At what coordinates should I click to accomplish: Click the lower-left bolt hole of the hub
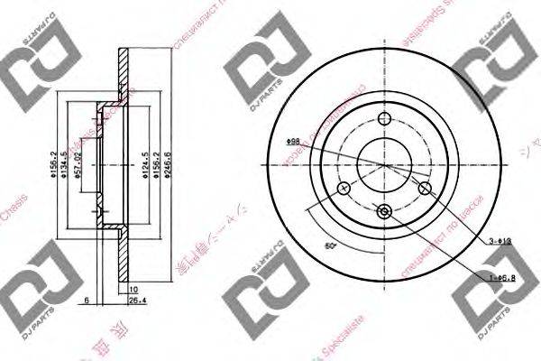click(343, 189)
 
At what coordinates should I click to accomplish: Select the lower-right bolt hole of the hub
click(425, 188)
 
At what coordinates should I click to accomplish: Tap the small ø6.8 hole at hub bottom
click(384, 212)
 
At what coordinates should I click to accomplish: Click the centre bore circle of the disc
click(384, 165)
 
